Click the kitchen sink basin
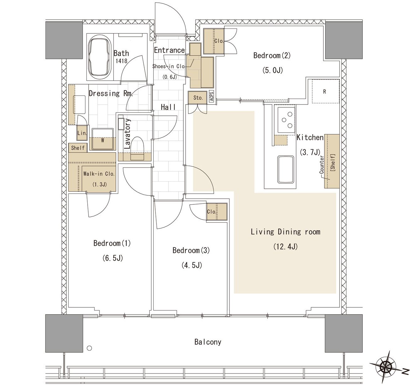tap(286, 169)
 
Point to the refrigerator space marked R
tap(325, 91)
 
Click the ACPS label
tap(211, 96)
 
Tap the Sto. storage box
tap(197, 97)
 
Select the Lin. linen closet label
tap(82, 133)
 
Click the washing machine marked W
tap(103, 139)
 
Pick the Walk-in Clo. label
tap(99, 174)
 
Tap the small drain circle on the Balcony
tap(90, 348)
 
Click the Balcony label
tap(208, 342)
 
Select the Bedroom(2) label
tap(272, 55)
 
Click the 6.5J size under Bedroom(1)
tap(113, 258)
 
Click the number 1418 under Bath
tap(121, 61)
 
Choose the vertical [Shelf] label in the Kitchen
tap(332, 162)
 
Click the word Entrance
tap(169, 50)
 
